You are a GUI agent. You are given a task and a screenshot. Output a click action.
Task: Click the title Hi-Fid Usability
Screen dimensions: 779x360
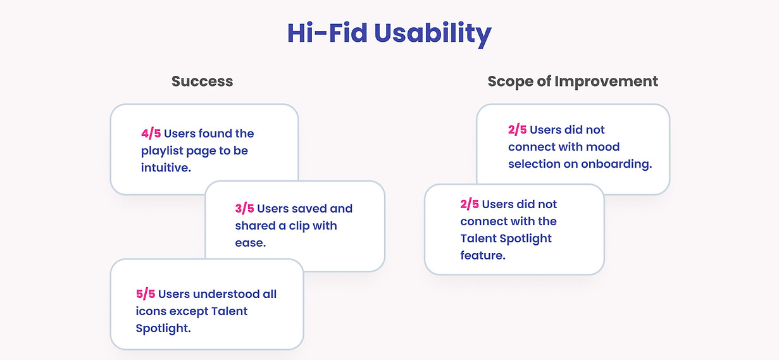coord(389,34)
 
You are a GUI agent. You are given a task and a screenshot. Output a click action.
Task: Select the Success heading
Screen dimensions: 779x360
coord(202,82)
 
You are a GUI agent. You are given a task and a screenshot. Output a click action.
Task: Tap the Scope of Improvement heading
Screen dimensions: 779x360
coord(573,82)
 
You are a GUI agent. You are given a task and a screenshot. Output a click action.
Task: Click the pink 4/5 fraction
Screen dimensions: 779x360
coord(151,133)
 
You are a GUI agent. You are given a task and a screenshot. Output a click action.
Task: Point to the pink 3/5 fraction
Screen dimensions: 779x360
coord(244,209)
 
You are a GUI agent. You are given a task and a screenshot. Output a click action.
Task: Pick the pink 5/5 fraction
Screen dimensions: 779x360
coord(146,294)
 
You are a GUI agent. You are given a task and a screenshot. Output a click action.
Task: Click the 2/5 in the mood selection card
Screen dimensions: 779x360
coord(517,130)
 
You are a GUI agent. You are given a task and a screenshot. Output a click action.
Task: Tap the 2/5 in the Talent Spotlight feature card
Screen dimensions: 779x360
coord(470,204)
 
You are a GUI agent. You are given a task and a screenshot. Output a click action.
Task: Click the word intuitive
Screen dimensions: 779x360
coord(166,168)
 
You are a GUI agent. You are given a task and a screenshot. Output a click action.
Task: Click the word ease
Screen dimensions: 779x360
coord(251,243)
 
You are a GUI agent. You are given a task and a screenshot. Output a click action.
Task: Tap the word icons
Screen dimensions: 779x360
coord(151,311)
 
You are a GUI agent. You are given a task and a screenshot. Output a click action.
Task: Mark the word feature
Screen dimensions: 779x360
coord(483,256)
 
